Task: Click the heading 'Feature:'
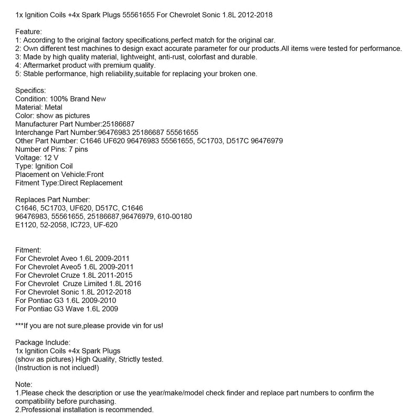(x=29, y=31)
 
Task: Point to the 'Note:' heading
(x=24, y=384)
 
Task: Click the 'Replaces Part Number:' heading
(x=52, y=199)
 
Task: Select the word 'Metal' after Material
(x=53, y=107)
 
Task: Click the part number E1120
(x=26, y=225)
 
